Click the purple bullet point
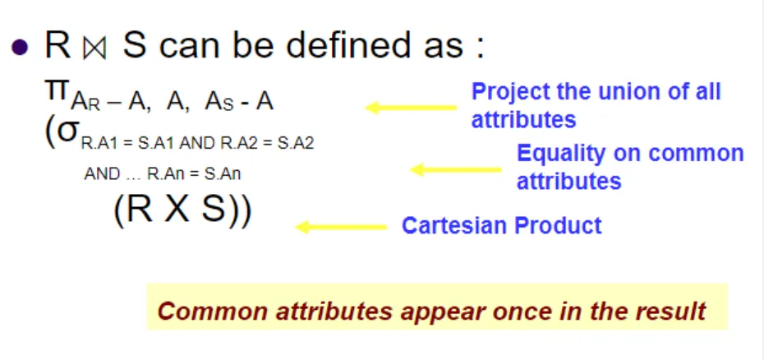19,48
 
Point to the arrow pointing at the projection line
411,108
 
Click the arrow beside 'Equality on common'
456,169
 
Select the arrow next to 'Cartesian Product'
341,227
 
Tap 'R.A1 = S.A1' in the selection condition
124,144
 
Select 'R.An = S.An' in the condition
194,174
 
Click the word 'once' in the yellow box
499,312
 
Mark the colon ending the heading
481,48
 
